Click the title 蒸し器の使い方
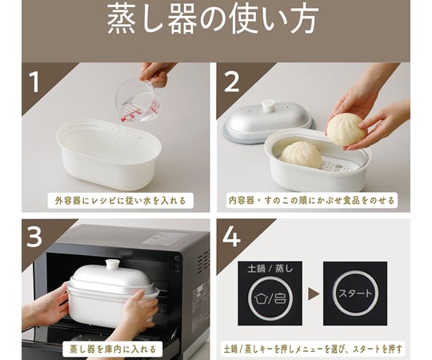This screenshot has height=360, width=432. tap(213, 20)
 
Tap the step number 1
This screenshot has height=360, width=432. tap(34, 82)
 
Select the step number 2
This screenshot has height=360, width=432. tap(231, 82)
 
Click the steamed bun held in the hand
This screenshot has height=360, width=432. tap(347, 130)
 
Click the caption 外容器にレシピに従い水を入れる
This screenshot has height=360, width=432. tap(120, 201)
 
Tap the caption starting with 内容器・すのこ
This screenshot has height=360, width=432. tap(312, 200)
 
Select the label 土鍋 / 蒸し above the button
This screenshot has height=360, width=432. tap(270, 268)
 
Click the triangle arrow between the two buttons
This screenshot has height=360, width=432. tap(314, 294)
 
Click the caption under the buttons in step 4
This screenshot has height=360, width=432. tap(313, 349)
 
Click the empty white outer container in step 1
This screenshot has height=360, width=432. tap(109, 154)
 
